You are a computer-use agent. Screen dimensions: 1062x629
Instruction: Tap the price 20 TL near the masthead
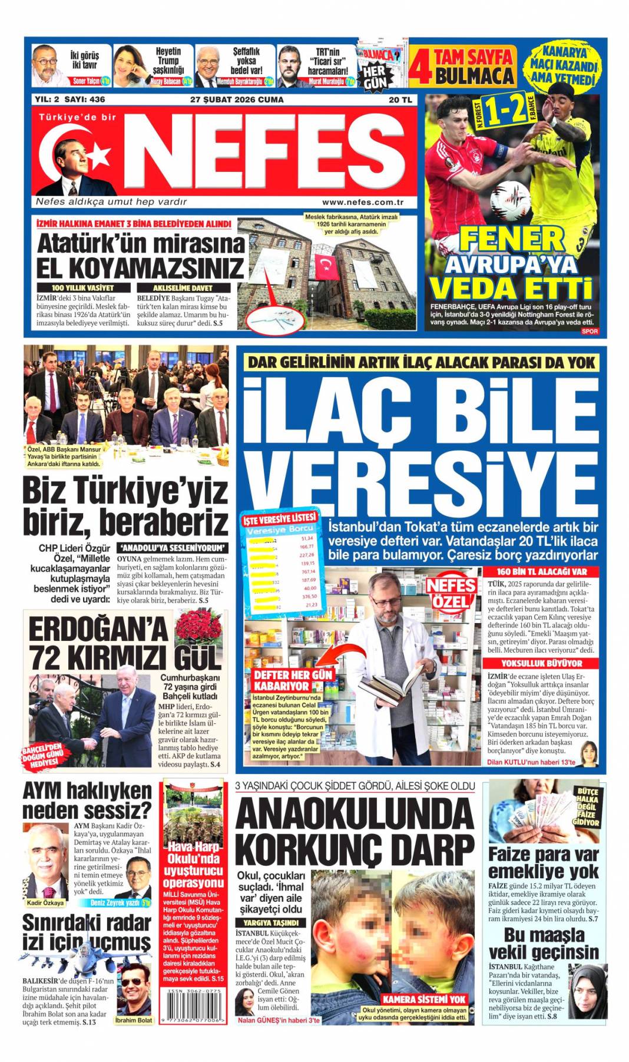click(x=400, y=100)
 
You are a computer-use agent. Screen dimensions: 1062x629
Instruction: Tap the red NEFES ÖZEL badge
click(x=452, y=593)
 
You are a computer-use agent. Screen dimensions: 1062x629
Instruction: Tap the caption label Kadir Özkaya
click(x=45, y=902)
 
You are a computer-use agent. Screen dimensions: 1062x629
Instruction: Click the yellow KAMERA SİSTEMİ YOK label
click(x=424, y=999)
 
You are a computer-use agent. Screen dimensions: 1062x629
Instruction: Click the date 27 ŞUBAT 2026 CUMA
click(x=237, y=100)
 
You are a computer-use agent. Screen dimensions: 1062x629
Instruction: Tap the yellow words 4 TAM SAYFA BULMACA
click(x=465, y=66)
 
